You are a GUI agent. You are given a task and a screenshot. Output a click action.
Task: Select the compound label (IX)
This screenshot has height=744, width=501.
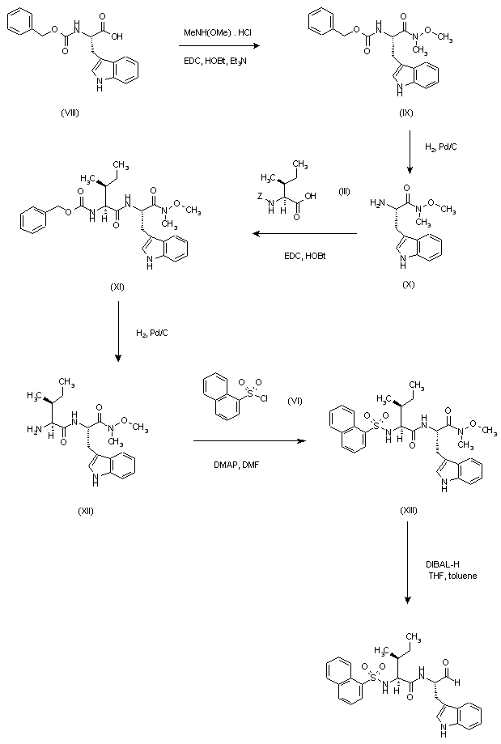click(407, 112)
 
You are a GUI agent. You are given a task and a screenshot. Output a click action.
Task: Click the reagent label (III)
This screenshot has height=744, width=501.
click(344, 189)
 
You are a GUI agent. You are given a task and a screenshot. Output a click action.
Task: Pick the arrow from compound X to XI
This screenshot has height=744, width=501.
click(304, 234)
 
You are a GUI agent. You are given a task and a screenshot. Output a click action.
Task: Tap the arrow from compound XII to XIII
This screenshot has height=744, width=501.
click(249, 441)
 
